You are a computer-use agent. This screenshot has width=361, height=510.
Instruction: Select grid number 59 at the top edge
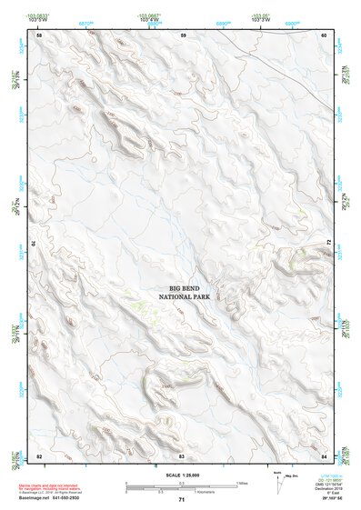pos(183,35)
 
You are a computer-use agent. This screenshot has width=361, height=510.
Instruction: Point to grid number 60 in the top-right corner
pos(325,35)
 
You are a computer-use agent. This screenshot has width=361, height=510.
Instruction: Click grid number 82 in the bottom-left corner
pos(39,455)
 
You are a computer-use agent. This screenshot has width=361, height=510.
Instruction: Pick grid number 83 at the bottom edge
pos(182,455)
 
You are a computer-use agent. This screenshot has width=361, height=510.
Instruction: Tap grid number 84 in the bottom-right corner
pos(325,455)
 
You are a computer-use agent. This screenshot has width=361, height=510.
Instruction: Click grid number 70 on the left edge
pos(37,244)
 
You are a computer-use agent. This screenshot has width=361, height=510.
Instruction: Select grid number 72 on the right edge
pos(327,244)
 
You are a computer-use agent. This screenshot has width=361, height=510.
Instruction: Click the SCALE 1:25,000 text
pos(182,475)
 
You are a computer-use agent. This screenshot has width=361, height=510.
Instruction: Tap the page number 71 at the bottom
pos(182,500)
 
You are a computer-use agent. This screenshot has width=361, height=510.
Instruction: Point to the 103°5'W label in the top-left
pos(38,20)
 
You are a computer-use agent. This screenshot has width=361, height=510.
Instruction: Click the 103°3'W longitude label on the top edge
pos(258,20)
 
